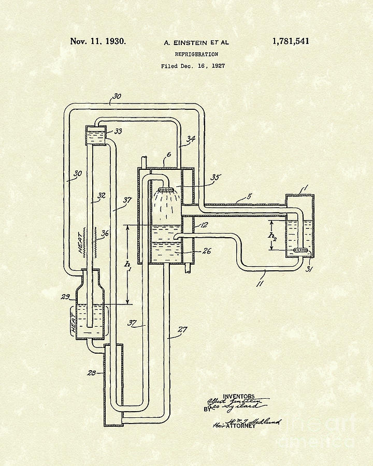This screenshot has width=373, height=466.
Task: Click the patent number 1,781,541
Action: pos(290,41)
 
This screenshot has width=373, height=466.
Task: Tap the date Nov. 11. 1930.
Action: pos(98,41)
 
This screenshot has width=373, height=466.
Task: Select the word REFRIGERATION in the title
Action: pos(196,54)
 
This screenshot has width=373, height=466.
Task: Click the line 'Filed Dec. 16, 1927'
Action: pos(193,66)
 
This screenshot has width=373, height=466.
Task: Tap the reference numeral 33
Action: pos(118,132)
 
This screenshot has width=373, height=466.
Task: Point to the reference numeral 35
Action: pos(214,178)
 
